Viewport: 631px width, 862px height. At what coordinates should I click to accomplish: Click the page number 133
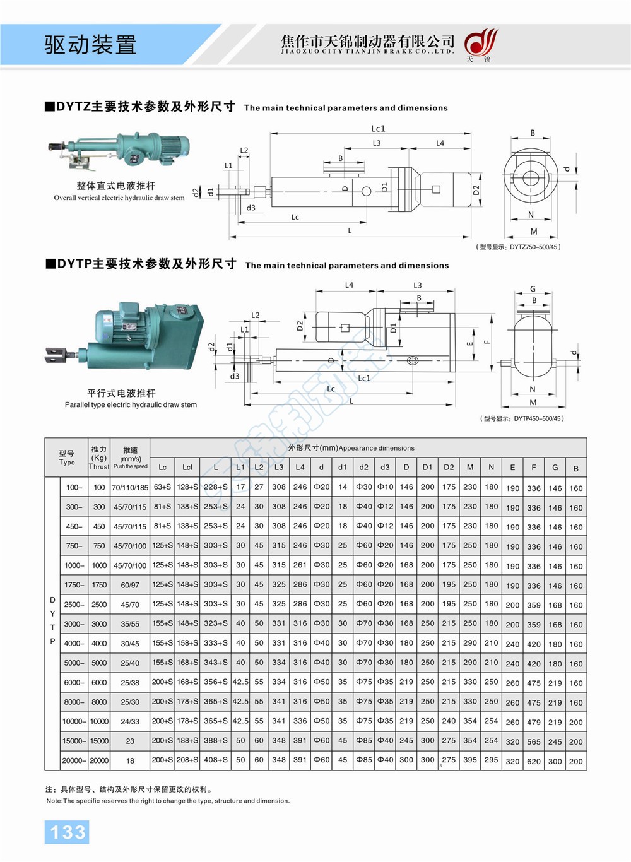point(67,832)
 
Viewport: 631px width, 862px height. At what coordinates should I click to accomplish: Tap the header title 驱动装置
point(90,45)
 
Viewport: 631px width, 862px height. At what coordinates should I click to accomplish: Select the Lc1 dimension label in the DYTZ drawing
point(378,129)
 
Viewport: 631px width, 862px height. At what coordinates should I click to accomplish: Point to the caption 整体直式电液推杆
point(116,186)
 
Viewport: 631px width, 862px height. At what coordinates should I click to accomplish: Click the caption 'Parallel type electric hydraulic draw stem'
point(131,404)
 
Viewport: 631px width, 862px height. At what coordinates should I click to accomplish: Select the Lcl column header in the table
point(187,468)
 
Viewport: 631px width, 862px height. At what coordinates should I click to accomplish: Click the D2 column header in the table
point(449,468)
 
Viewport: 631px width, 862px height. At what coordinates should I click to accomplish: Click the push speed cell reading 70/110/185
point(130,488)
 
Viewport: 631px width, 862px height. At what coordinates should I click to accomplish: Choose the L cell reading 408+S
point(216,760)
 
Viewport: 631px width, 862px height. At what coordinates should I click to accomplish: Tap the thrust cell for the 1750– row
point(99,585)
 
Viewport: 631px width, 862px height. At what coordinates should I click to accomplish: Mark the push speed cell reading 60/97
point(130,585)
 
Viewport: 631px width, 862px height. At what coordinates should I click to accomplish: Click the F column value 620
point(534,761)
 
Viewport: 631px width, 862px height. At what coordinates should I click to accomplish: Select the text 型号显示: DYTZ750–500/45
point(518,247)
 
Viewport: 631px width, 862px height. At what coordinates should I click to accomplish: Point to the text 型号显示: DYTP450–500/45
point(522,418)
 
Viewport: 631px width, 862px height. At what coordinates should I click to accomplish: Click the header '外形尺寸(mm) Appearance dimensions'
point(351,448)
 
